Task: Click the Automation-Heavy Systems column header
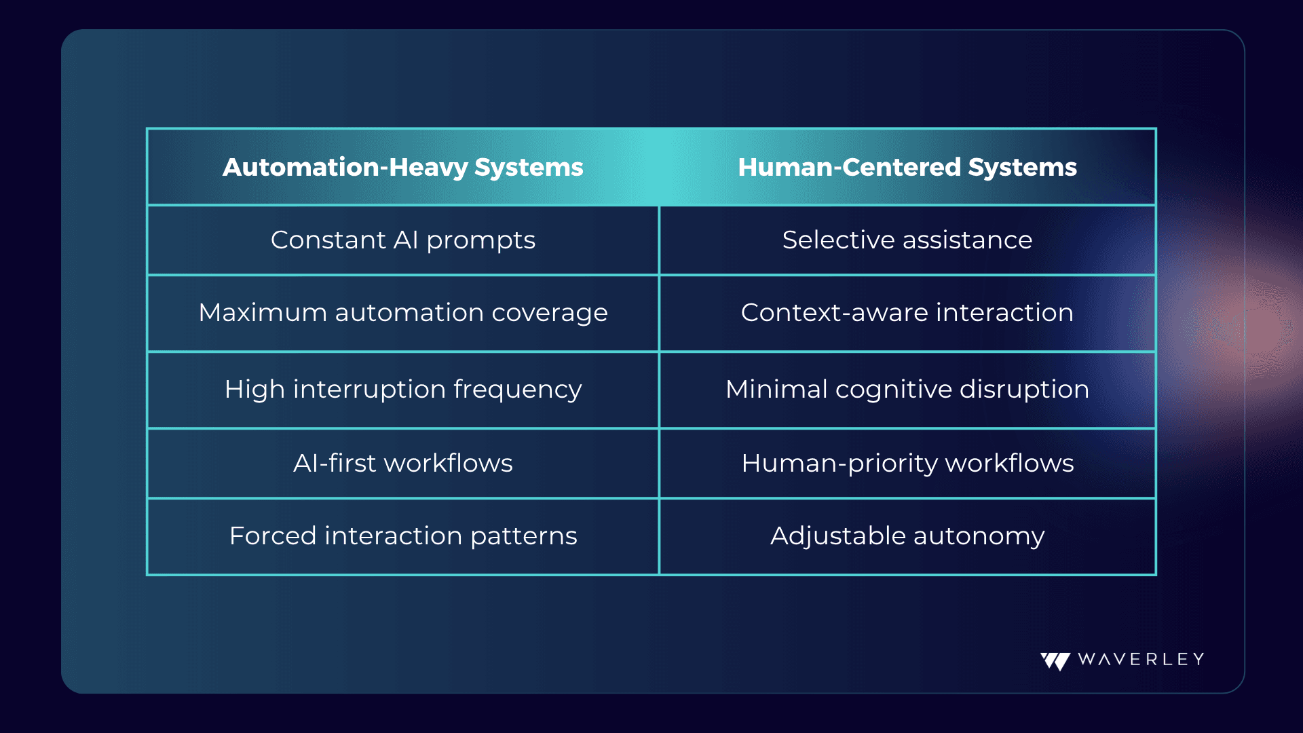pyautogui.click(x=403, y=167)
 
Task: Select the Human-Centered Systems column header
pyautogui.click(x=907, y=167)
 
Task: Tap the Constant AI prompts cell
pyautogui.click(x=403, y=240)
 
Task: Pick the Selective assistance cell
pyautogui.click(x=907, y=240)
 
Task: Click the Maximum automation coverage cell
pyautogui.click(x=403, y=313)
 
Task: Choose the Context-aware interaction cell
pyautogui.click(x=907, y=312)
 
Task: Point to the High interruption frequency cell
pyautogui.click(x=403, y=390)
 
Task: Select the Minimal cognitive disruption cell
pyautogui.click(x=907, y=390)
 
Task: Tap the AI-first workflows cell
pyautogui.click(x=403, y=463)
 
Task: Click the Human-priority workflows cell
pyautogui.click(x=907, y=464)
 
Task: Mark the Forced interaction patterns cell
pyautogui.click(x=403, y=536)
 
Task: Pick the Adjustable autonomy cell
pyautogui.click(x=907, y=536)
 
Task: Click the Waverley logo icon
pyautogui.click(x=1055, y=661)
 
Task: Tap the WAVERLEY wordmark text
pyautogui.click(x=1141, y=659)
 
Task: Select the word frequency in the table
pyautogui.click(x=518, y=390)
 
